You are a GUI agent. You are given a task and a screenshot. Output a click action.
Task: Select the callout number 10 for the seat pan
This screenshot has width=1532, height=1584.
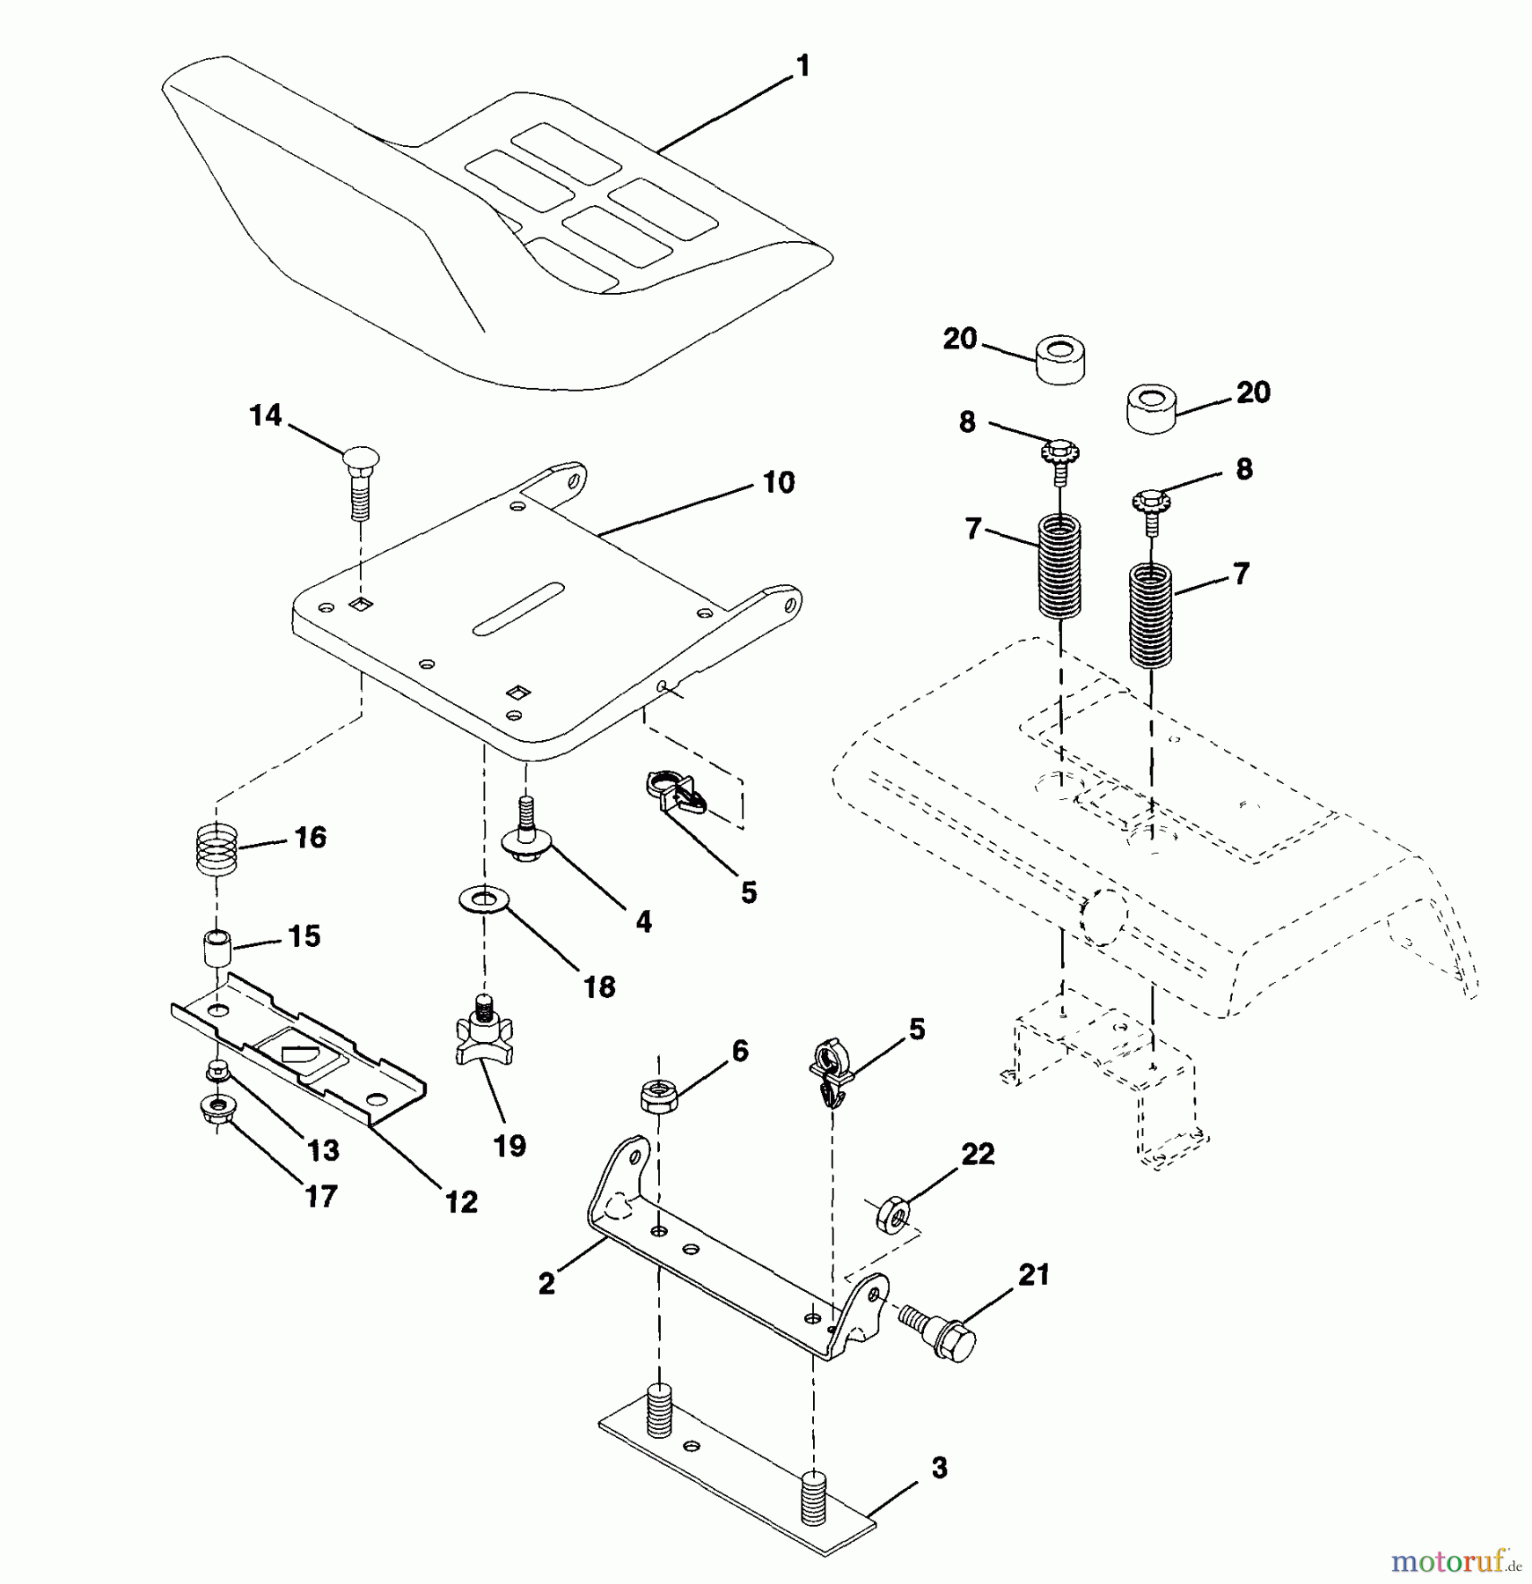coord(778,482)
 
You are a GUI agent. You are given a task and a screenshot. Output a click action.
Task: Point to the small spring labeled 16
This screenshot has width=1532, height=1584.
coord(216,848)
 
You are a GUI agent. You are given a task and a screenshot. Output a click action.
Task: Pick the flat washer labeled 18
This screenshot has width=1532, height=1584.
coord(480,900)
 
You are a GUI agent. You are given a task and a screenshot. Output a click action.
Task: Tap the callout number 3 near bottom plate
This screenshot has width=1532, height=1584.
coord(939,1469)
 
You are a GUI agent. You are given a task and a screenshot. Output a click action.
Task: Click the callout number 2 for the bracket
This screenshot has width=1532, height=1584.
coord(546,1284)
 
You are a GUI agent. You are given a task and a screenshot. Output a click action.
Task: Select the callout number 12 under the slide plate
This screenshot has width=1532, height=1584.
coord(461,1202)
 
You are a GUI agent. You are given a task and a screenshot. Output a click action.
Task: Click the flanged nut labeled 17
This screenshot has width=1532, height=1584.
coord(216,1107)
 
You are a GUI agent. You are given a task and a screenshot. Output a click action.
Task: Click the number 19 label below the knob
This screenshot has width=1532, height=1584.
coord(509,1145)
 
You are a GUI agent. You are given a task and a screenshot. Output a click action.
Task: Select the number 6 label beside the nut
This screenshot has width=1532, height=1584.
coord(740,1050)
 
